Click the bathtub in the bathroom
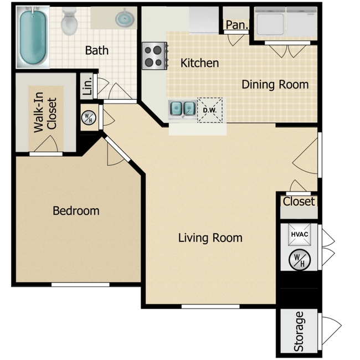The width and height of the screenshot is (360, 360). point(33,37)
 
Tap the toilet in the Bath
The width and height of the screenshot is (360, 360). point(69,21)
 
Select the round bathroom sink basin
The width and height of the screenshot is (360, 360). point(125,18)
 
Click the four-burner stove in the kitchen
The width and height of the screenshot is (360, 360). point(155,56)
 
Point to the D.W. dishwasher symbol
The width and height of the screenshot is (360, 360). point(210,110)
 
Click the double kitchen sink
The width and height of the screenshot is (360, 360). point(183,109)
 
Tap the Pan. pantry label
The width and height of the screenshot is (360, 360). point(237,25)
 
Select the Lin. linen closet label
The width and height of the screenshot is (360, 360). point(88,86)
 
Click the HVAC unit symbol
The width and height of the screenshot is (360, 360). point(300,234)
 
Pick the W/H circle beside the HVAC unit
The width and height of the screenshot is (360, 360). point(300,260)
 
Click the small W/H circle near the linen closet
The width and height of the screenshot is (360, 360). point(89,118)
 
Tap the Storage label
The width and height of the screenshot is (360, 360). point(299,331)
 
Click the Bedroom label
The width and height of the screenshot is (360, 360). point(76,211)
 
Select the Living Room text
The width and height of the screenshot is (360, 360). point(210,238)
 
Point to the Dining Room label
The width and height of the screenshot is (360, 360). point(275,85)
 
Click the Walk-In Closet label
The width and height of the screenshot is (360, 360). point(45,112)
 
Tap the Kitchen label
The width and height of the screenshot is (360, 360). point(199,63)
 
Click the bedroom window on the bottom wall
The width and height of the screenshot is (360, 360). point(80,285)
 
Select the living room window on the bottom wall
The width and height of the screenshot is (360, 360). point(210,306)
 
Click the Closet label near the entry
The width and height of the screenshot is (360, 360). point(299,202)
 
